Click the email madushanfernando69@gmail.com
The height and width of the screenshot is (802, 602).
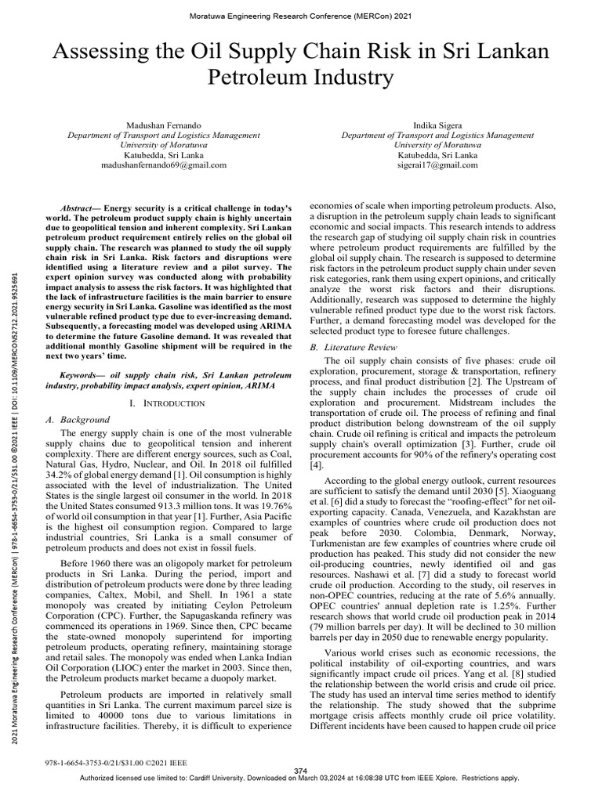pos(165,165)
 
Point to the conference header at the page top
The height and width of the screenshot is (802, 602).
pos(301,16)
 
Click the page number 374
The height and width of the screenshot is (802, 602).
pos(301,771)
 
